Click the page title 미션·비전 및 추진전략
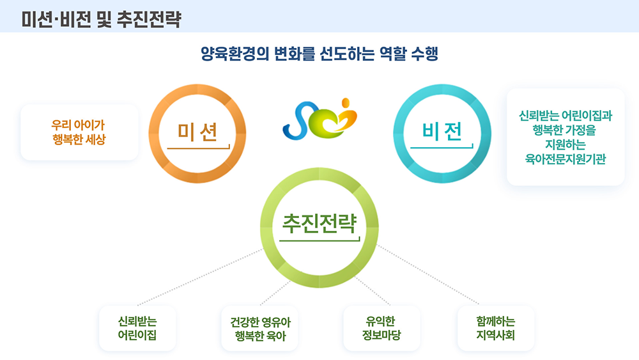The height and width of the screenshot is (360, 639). coord(102,19)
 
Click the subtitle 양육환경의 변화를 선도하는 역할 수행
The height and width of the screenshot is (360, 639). coord(319,54)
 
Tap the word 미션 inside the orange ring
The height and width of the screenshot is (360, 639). coord(197,132)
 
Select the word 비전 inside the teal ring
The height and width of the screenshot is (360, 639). coord(442,131)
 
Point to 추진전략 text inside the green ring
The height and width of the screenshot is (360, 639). coord(319,223)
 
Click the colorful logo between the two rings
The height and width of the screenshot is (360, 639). coord(320,119)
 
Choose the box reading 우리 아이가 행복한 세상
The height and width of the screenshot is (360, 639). coord(79,132)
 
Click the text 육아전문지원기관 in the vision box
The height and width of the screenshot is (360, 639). coord(566,159)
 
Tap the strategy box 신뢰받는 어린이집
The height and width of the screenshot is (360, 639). coord(137,328)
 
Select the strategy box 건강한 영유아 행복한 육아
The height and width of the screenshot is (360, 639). coord(260,328)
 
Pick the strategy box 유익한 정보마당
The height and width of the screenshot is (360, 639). coord(382,328)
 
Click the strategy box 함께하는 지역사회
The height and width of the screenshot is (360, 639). coord(496,328)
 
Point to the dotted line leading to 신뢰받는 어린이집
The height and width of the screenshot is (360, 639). coord(201,277)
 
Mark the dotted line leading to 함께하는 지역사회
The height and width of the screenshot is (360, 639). coord(428,274)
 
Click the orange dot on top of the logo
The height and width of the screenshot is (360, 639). coord(346,102)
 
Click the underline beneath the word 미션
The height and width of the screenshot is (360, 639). coord(199,148)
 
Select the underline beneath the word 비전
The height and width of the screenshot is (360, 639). coord(442,148)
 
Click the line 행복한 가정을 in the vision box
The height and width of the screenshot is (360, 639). coord(564,130)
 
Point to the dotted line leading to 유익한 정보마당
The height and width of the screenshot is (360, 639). coord(373,291)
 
